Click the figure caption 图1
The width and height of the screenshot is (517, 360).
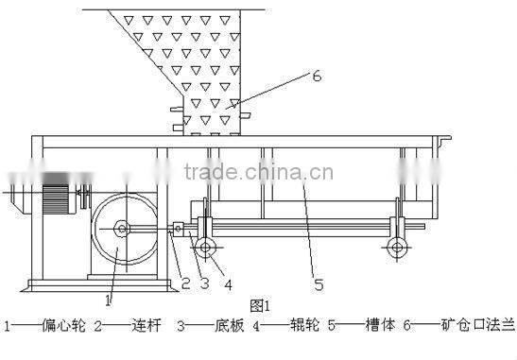click(260, 305)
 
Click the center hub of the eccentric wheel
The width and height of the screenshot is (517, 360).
click(122, 228)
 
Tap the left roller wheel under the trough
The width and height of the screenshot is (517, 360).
click(205, 249)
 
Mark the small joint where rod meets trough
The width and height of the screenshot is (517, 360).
click(178, 228)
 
